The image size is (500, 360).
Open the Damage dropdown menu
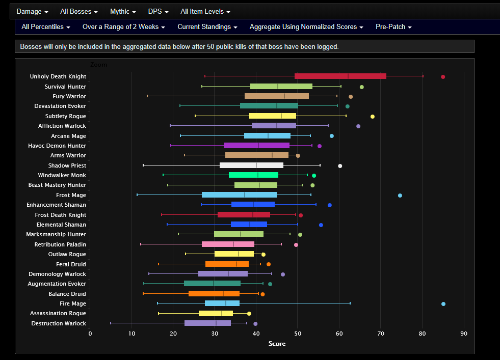[32, 11]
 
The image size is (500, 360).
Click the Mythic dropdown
[123, 11]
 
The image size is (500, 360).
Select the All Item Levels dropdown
[205, 11]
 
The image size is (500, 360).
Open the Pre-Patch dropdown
[393, 26]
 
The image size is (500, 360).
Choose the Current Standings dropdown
[207, 26]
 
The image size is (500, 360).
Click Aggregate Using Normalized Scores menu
[306, 26]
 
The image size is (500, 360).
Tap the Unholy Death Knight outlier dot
[443, 77]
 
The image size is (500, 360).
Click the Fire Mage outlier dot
[443, 304]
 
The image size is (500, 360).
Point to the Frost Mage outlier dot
[400, 196]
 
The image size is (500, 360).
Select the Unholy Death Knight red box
[340, 76]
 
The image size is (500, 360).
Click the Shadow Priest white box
[251, 165]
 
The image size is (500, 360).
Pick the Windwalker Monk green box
[253, 175]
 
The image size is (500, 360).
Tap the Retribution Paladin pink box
[228, 244]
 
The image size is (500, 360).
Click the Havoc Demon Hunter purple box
[256, 146]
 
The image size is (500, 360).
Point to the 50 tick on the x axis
[298, 334]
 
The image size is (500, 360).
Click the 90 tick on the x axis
[463, 334]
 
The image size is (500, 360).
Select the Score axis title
[277, 344]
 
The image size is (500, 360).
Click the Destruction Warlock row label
[59, 323]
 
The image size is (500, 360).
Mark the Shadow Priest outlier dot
[340, 166]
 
